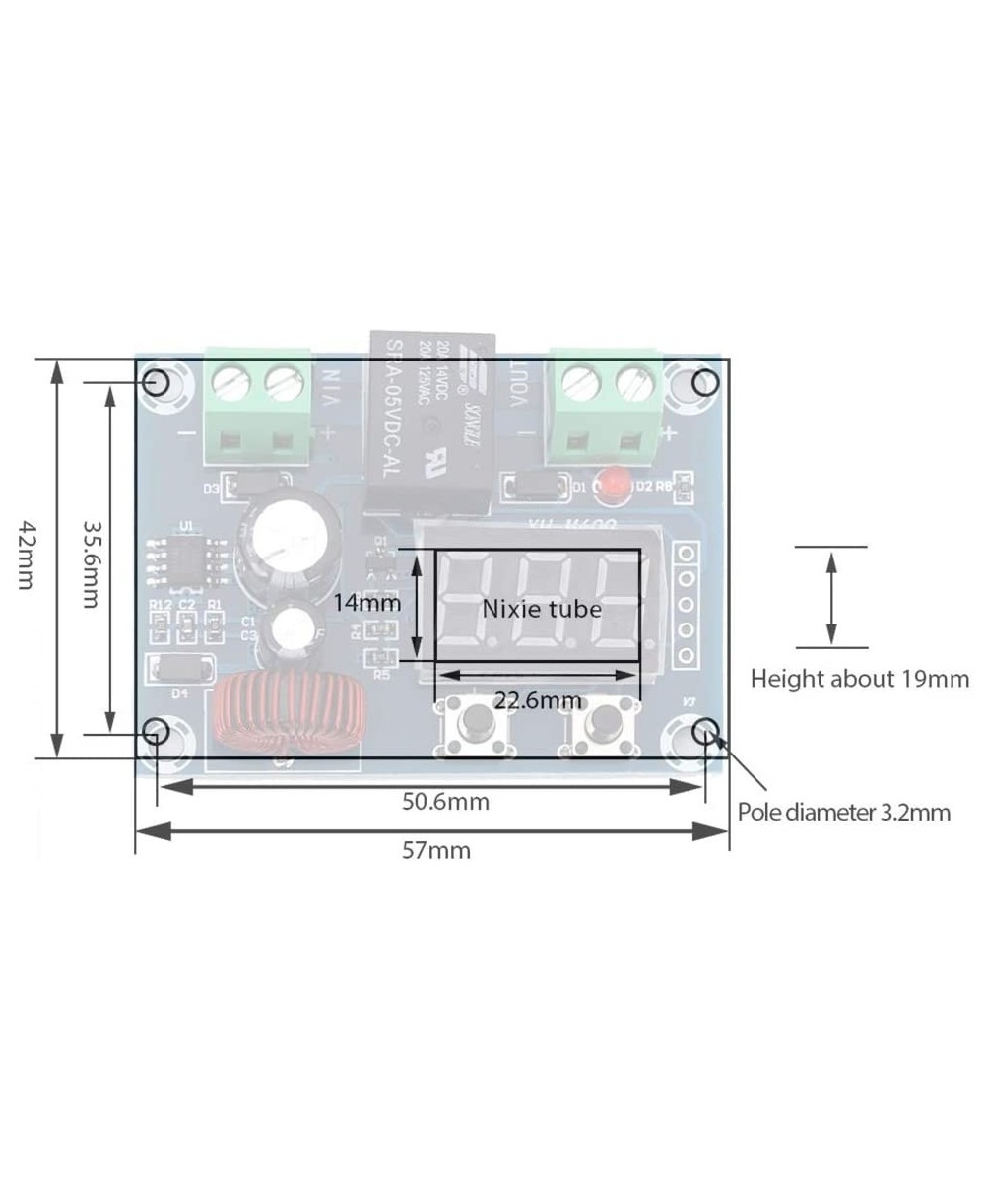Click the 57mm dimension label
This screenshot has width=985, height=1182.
(435, 850)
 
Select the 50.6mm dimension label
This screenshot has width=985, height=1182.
(445, 801)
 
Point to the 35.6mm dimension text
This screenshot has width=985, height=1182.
(90, 564)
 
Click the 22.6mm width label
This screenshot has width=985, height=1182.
(538, 700)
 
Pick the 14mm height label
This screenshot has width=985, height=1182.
(366, 602)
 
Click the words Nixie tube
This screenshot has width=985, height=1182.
(541, 609)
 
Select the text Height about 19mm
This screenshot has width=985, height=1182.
(859, 678)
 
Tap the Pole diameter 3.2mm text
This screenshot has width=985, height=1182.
(844, 813)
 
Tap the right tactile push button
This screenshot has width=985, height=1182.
(599, 727)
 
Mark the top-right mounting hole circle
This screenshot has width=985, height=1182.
(705, 382)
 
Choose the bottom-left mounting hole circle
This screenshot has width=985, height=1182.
(156, 731)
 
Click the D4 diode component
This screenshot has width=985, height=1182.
(180, 669)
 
